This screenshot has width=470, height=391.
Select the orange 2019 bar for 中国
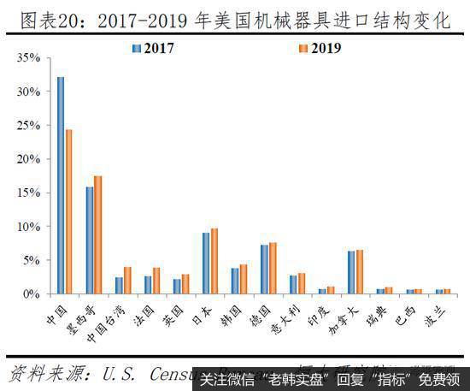pyautogui.click(x=69, y=211)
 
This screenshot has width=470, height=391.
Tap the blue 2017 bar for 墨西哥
pyautogui.click(x=90, y=240)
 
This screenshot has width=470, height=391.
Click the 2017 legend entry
pyautogui.click(x=154, y=48)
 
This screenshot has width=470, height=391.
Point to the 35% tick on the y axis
pyautogui.click(x=30, y=57)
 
